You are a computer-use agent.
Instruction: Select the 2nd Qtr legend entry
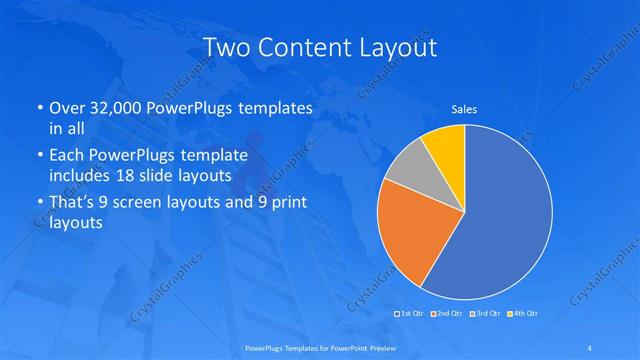coord(449,314)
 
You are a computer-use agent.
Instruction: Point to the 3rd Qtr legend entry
coord(486,314)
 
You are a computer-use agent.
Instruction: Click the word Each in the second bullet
coord(68,155)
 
